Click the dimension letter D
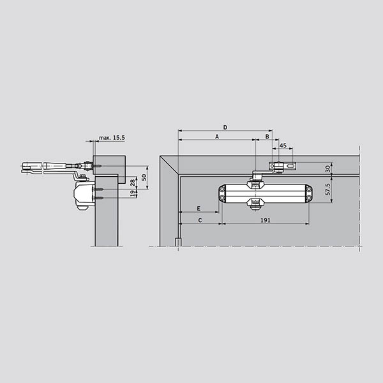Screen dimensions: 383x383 pos(225,127)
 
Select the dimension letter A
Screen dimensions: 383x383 pos(217,137)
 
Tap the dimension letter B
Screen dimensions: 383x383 pos(267,137)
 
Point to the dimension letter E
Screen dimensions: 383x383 pos(199,209)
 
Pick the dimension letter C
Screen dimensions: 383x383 pos(200,220)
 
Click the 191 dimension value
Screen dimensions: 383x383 pos(266,220)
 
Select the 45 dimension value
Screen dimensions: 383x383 pos(283,146)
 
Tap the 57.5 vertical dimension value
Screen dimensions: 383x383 pos(328,189)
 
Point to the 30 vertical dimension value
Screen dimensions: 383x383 pos(328,169)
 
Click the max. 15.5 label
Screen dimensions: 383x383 pos(112,138)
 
